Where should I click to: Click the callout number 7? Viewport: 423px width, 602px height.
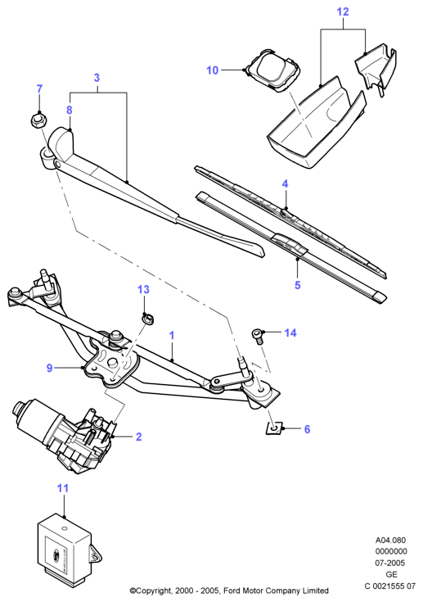click(39, 89)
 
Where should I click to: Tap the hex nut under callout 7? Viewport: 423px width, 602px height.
click(38, 121)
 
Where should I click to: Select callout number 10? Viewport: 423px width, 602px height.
click(212, 70)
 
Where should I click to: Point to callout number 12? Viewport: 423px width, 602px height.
click(343, 12)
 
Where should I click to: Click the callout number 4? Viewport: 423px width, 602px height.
click(285, 184)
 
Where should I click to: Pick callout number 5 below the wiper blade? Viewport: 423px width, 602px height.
click(298, 285)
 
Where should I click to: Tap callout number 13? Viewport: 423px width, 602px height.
click(143, 289)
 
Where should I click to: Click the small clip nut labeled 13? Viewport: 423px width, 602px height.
click(147, 319)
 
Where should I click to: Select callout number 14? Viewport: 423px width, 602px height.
click(290, 333)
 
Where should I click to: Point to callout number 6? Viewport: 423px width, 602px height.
click(307, 429)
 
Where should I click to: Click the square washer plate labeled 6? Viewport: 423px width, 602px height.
click(274, 428)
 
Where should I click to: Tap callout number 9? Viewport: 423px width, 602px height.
click(49, 368)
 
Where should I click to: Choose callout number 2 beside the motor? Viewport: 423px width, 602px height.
click(138, 437)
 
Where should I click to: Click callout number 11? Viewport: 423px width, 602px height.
click(63, 488)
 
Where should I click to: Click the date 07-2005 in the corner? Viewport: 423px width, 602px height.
click(390, 563)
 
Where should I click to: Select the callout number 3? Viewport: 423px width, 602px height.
click(97, 78)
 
